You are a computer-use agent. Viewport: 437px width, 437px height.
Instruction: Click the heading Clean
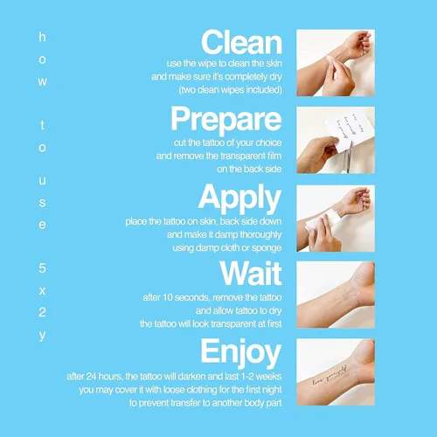241,42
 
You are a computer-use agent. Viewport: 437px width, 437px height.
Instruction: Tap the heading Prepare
226,120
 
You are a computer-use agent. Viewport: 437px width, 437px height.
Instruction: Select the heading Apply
239,198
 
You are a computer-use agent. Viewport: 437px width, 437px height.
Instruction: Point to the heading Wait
251,273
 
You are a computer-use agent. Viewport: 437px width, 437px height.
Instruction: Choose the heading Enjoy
241,353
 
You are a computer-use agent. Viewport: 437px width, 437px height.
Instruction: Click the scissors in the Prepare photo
348,157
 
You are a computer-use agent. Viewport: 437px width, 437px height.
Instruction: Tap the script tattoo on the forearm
329,376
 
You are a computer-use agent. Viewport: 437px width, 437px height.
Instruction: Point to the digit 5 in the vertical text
42,268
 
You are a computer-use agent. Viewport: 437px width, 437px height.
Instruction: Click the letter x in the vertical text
42,291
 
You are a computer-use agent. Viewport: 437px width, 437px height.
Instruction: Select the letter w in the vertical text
42,81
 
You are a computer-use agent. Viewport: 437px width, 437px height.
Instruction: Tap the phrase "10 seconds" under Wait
185,297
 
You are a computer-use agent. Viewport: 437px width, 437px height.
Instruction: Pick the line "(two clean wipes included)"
230,90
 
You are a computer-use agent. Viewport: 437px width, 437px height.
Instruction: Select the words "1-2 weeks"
261,377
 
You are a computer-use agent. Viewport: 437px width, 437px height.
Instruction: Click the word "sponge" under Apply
267,248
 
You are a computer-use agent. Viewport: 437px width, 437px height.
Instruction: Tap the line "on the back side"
249,169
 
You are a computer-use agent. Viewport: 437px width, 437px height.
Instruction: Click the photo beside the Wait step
336,295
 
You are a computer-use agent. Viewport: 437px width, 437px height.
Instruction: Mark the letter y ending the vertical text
42,336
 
